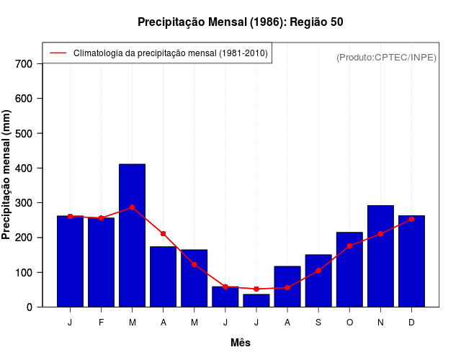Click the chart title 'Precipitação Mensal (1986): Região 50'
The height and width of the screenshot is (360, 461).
point(240,22)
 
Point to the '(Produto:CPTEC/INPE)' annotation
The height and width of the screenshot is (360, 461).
point(386,57)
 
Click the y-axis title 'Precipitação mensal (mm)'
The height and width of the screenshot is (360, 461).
point(7,174)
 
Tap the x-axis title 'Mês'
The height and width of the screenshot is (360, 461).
point(241,343)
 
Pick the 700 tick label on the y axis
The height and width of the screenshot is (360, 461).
point(24,63)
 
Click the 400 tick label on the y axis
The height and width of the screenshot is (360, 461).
point(24,168)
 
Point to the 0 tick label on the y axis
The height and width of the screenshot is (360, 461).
point(30,307)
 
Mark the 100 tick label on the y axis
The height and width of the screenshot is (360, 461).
point(24,272)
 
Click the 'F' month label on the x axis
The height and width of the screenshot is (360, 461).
point(102,323)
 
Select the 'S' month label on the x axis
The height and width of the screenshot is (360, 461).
point(318,323)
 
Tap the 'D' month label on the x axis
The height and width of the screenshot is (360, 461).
point(411,323)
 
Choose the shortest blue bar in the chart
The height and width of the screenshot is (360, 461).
point(256,300)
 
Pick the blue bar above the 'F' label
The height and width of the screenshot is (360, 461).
point(102,262)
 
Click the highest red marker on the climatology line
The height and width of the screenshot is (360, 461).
point(133,207)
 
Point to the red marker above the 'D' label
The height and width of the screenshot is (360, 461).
point(411,219)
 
